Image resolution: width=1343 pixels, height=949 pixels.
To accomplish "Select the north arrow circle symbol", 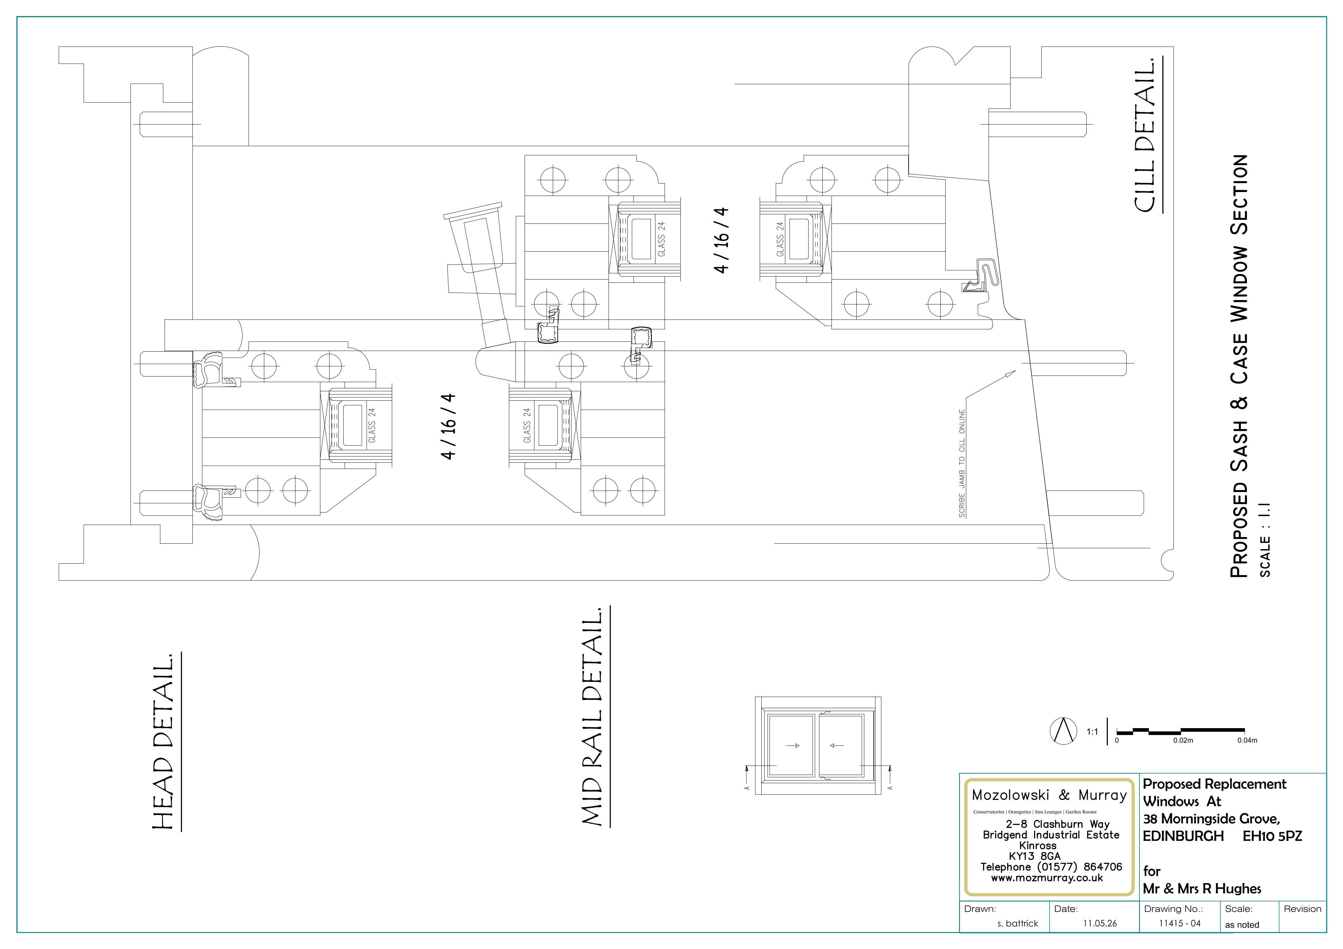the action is tap(1063, 731).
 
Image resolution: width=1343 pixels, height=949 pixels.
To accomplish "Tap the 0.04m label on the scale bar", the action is tap(1247, 740).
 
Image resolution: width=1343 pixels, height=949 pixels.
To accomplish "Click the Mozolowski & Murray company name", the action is tap(1049, 795).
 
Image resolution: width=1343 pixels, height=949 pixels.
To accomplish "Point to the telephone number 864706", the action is tap(1103, 866).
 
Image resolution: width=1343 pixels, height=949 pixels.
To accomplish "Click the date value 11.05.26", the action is tap(1100, 923).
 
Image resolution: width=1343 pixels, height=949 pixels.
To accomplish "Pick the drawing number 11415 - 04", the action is tap(1180, 923).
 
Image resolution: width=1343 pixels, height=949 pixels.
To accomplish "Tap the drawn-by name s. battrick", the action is tap(1018, 923).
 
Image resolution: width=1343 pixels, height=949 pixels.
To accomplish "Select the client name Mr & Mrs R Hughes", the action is tap(1202, 889).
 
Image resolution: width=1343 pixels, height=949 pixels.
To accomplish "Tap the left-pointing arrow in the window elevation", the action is tap(837, 746).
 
